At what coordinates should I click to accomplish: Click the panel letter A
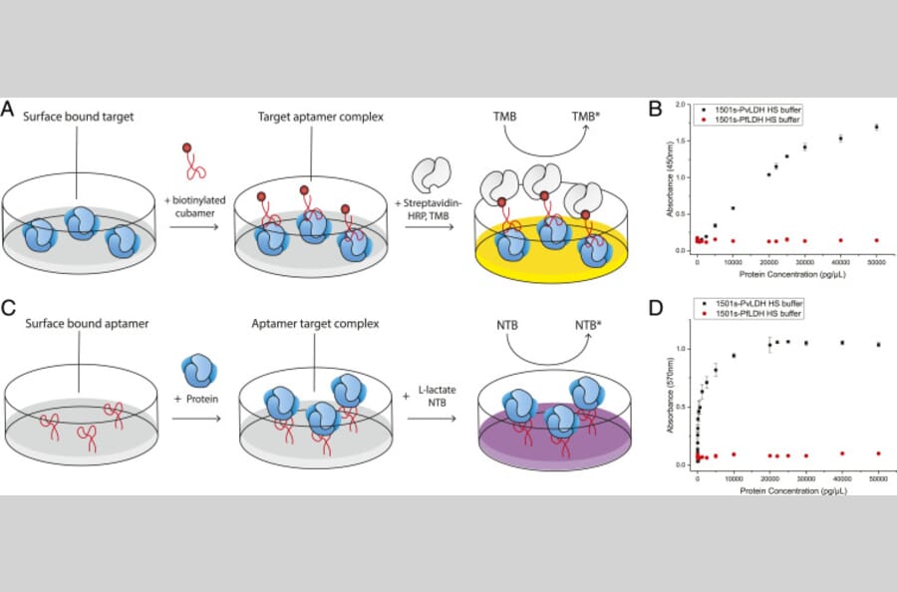pos(11,109)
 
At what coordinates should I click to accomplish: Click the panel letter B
pos(655,109)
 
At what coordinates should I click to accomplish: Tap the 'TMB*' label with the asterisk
pos(588,117)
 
